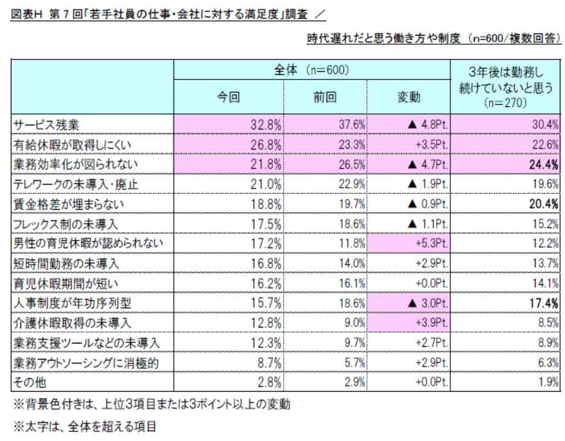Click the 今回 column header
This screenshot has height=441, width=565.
coord(229,97)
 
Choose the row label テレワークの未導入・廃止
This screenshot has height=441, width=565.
coord(76,184)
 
